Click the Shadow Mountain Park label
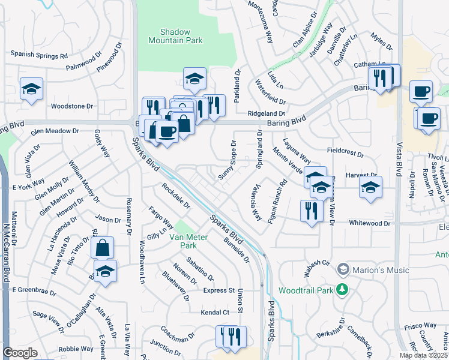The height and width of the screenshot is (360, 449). point(175,36)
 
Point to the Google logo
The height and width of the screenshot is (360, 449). point(20,353)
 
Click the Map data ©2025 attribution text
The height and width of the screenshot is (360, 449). point(424,355)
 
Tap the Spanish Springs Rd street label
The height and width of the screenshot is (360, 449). point(38,56)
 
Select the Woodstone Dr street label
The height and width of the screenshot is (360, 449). point(72,106)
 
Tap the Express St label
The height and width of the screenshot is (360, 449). point(218,290)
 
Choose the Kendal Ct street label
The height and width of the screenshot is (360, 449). point(215,313)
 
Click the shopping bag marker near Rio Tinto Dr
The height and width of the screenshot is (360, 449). point(102,247)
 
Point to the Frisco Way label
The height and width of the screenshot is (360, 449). point(420,325)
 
